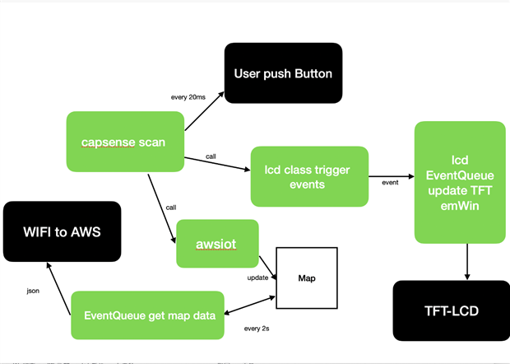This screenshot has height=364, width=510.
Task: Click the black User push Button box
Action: (x=283, y=73)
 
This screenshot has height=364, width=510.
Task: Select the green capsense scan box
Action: (x=125, y=142)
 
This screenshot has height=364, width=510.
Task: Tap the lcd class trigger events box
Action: (x=309, y=176)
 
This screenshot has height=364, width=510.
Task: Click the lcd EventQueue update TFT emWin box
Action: (x=460, y=182)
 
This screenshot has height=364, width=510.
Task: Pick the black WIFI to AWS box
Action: (x=63, y=231)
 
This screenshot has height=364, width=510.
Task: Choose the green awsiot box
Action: (x=217, y=244)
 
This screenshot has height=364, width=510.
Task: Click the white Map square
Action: (x=307, y=278)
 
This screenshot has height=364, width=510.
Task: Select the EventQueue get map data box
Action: (x=148, y=315)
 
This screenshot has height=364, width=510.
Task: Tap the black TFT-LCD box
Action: (x=452, y=311)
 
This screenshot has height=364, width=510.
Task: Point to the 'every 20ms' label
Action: (x=188, y=97)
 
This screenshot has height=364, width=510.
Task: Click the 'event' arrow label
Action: (x=390, y=183)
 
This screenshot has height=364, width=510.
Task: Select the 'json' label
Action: (x=33, y=291)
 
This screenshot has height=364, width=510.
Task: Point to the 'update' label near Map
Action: (x=257, y=278)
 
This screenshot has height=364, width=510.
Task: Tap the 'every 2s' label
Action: (x=257, y=329)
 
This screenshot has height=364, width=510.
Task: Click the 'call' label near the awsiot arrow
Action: (x=171, y=208)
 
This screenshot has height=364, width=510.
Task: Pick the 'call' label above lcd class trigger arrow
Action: (x=211, y=156)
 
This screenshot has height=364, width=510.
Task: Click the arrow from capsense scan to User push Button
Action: (x=205, y=111)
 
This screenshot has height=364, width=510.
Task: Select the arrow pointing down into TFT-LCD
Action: (x=467, y=262)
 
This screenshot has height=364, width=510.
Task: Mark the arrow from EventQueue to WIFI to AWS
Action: (x=58, y=288)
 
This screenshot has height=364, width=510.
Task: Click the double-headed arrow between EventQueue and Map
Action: (x=250, y=306)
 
